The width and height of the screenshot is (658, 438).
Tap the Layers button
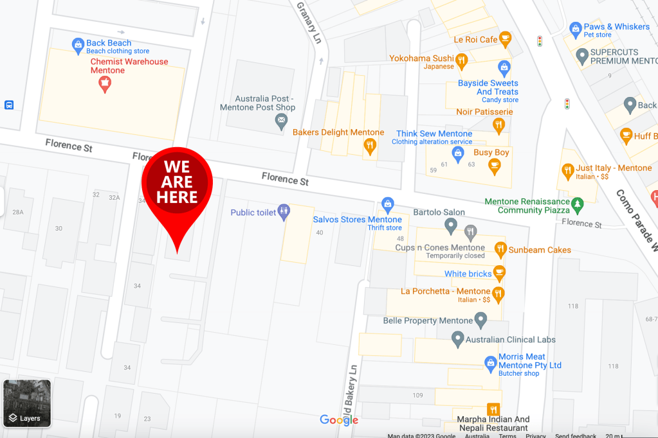27,403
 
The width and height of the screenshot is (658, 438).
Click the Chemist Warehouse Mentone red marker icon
104,83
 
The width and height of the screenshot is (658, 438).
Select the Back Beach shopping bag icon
78,44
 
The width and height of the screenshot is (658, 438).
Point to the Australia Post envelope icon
280,123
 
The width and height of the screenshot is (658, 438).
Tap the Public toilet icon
284,213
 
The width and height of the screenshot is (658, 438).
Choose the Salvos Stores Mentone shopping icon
387,205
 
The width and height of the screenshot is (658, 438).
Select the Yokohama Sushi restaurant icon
461,61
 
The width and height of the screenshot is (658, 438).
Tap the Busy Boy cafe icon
494,166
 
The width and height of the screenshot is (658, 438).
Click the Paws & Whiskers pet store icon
575,28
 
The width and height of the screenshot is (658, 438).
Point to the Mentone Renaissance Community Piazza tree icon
578,205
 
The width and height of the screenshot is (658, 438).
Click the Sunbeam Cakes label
540,250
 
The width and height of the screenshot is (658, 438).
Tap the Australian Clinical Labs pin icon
457,338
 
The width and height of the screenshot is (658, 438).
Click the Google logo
339,420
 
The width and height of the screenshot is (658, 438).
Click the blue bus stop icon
9,105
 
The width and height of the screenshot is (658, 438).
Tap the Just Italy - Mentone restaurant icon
567,171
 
